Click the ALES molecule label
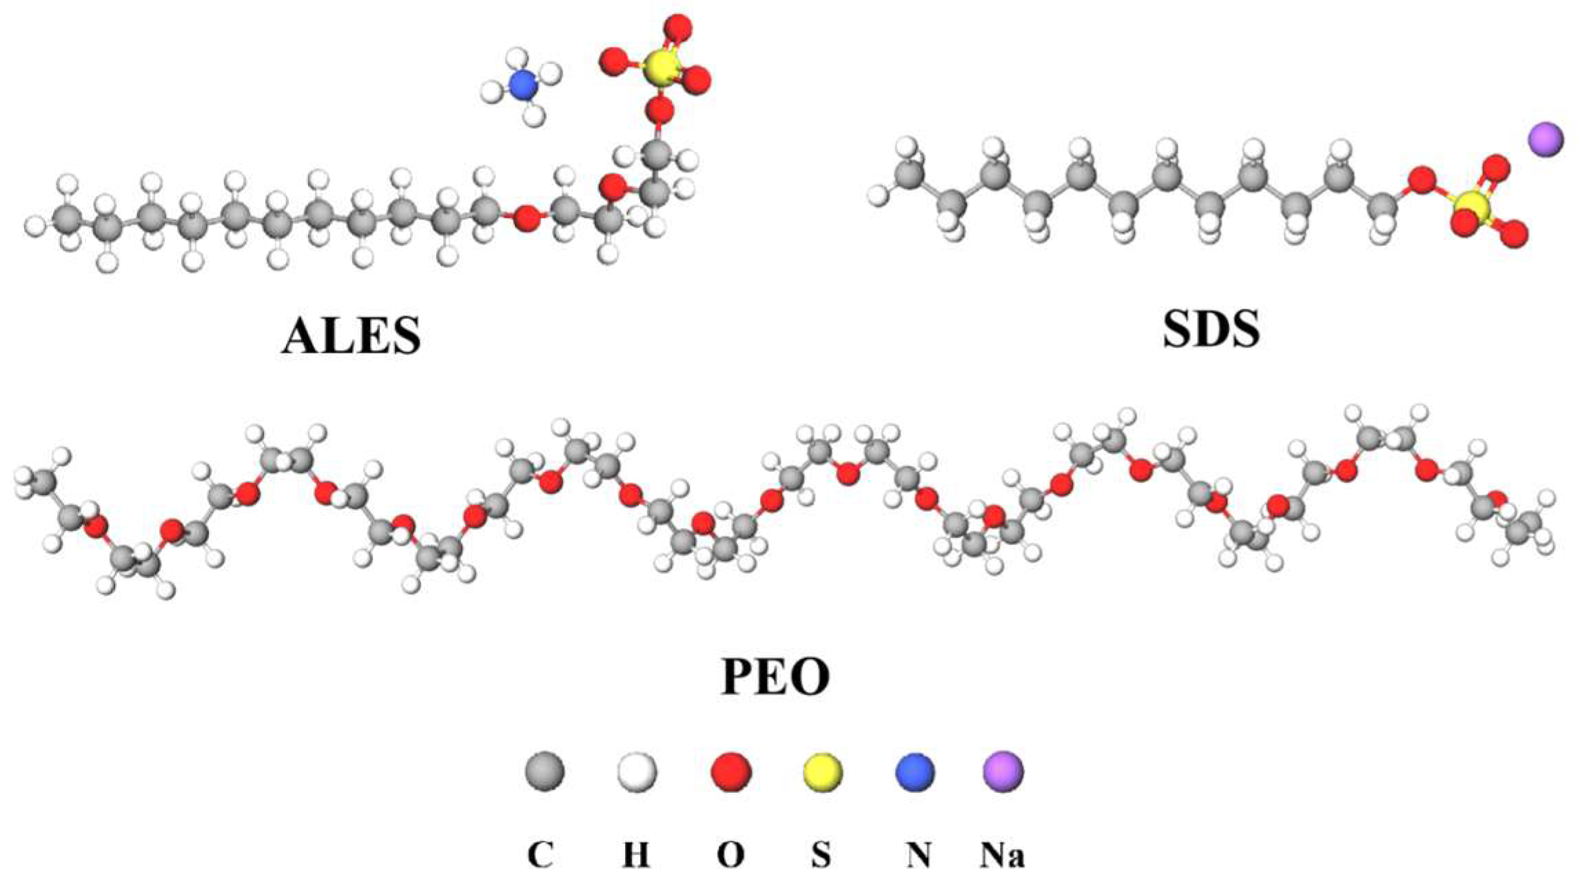351,336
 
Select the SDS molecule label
1211,329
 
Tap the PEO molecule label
775,677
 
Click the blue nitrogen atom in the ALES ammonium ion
523,85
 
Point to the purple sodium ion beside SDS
1546,141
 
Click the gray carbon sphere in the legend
544,771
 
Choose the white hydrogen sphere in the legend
637,771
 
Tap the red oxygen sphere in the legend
730,771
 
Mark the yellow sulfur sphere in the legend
823,771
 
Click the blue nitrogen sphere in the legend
915,771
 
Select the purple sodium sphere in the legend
1003,771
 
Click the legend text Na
1002,855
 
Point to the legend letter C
540,855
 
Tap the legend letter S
820,855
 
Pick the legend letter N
919,855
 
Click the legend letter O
730,855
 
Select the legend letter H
636,855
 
